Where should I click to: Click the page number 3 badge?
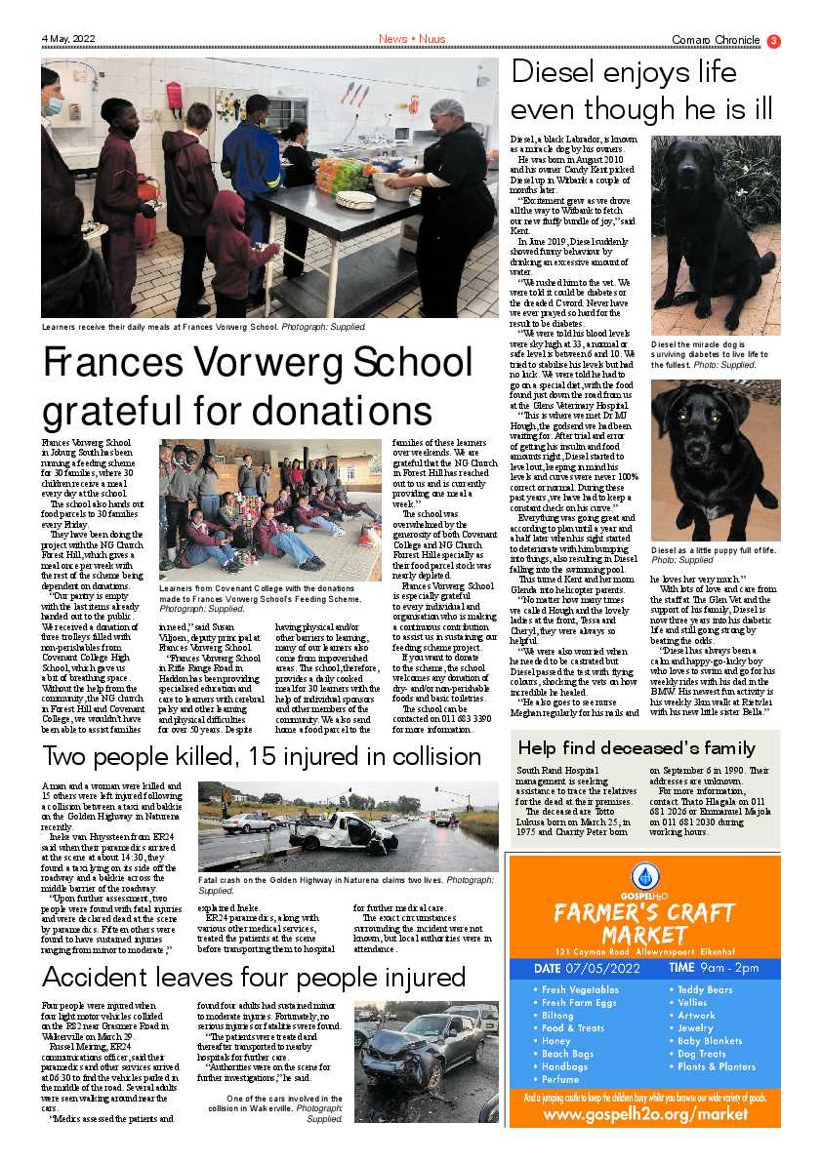pyautogui.click(x=773, y=40)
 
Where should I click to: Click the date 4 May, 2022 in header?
pyautogui.click(x=68, y=39)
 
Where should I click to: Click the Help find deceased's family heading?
pyautogui.click(x=636, y=748)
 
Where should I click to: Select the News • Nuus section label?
pyautogui.click(x=411, y=39)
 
